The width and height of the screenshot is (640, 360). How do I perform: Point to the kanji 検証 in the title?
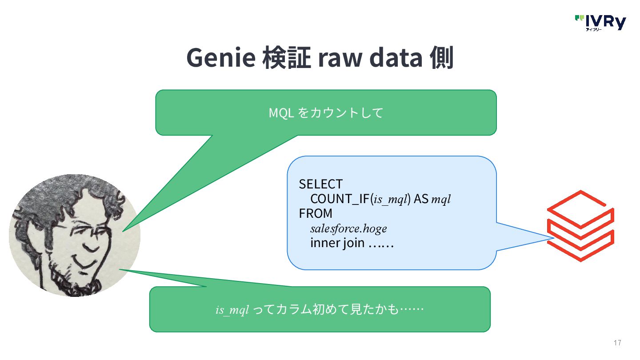[x=286, y=58]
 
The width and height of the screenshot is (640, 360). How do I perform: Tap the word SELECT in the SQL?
[x=320, y=184]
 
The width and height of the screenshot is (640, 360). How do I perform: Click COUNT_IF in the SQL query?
[x=340, y=199]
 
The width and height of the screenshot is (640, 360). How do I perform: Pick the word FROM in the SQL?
[x=316, y=213]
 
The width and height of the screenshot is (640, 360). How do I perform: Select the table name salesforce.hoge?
[x=348, y=228]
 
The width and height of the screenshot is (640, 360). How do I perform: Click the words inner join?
[x=338, y=244]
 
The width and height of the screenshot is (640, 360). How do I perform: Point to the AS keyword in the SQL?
[x=421, y=199]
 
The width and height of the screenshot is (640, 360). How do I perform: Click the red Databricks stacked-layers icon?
[x=580, y=226]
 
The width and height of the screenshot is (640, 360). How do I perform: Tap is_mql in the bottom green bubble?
[x=232, y=310]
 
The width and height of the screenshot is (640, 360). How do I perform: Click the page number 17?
[x=617, y=343]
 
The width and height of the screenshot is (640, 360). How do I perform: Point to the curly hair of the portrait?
[x=67, y=196]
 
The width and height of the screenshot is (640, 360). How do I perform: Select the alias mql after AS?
[x=441, y=200]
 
